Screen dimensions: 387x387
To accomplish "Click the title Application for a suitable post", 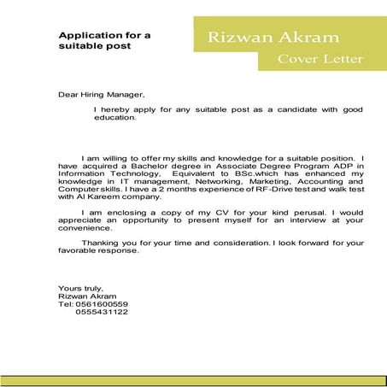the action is (x=104, y=40).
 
